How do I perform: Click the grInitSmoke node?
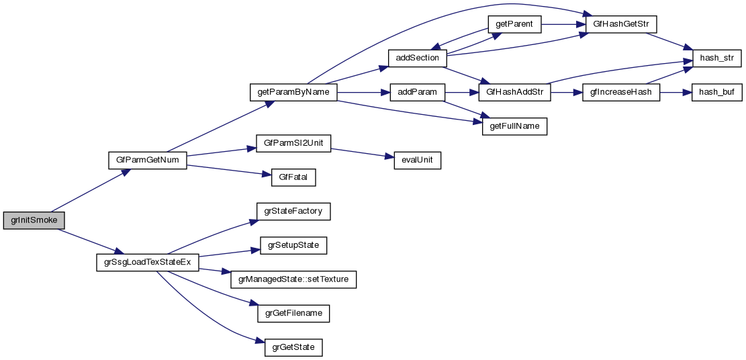pyautogui.click(x=34, y=220)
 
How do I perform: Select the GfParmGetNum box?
pyautogui.click(x=147, y=161)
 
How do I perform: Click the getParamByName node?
pyautogui.click(x=293, y=92)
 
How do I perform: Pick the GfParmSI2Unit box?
pyautogui.click(x=294, y=144)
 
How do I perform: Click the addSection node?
pyautogui.click(x=417, y=58)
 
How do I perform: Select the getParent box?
pyautogui.click(x=514, y=24)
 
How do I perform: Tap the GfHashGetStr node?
pyautogui.click(x=620, y=24)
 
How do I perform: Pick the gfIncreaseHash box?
pyautogui.click(x=621, y=92)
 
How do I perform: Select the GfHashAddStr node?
pyautogui.click(x=514, y=92)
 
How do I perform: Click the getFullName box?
pyautogui.click(x=514, y=126)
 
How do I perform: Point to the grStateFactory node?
pyautogui.click(x=293, y=212)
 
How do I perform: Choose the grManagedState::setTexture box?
pyautogui.click(x=293, y=279)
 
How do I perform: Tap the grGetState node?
pyautogui.click(x=293, y=348)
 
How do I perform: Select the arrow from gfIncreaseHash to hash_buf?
pyautogui.click(x=675, y=92)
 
